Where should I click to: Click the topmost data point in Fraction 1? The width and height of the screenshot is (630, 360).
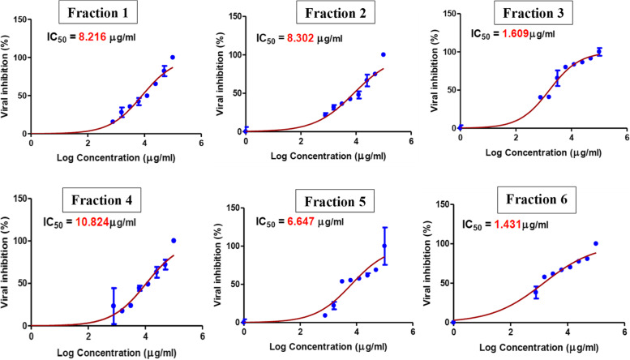click(173, 58)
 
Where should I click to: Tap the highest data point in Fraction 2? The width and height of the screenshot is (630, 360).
click(384, 54)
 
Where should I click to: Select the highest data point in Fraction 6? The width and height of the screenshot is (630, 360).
click(596, 243)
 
